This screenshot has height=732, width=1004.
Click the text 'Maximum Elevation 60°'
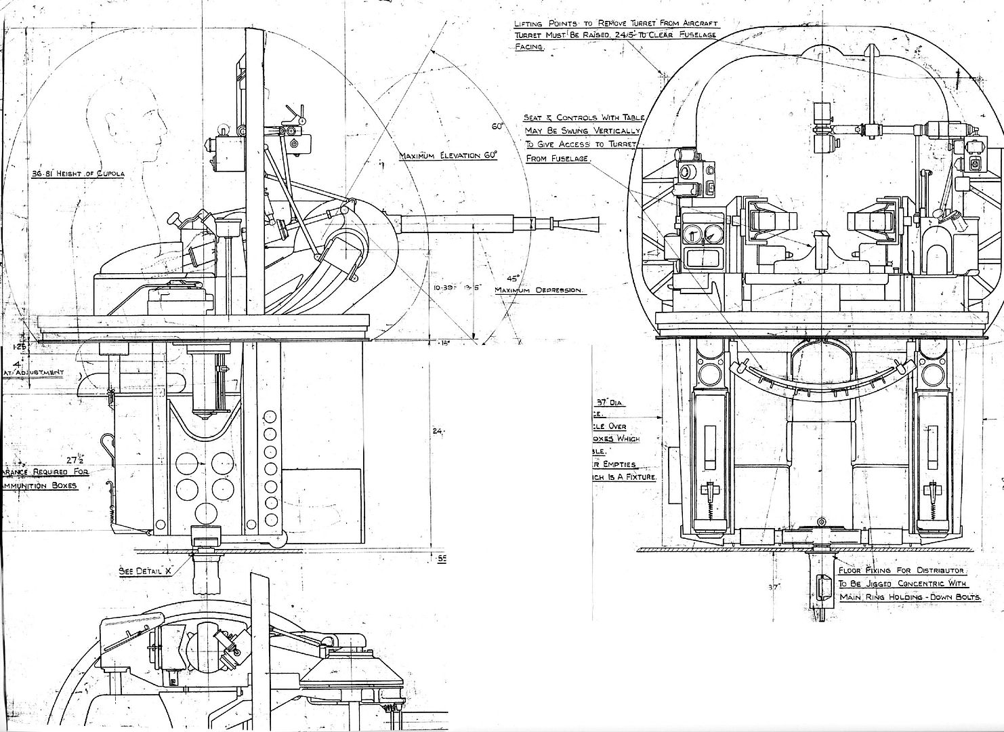click(x=448, y=156)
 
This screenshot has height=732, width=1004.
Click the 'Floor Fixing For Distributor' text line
click(x=900, y=571)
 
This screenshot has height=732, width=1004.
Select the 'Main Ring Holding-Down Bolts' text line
click(x=911, y=597)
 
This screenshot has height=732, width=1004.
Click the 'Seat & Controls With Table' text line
click(x=583, y=117)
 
